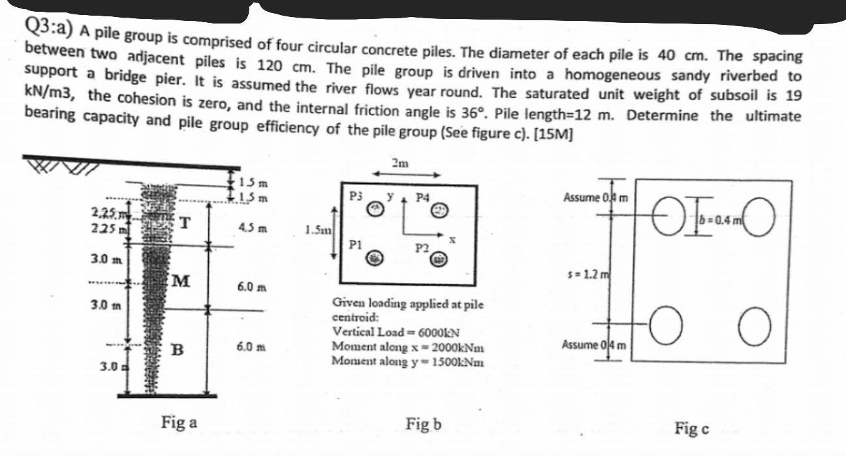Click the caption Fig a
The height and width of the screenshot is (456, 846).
click(x=178, y=422)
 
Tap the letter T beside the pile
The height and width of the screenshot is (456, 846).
click(x=185, y=223)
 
